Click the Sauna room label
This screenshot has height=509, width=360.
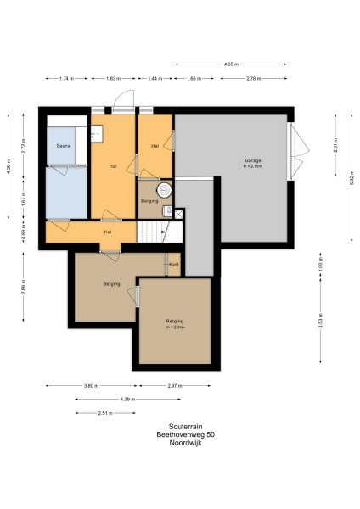63,146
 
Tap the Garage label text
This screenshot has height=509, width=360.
253,161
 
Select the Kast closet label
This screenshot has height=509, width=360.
173,264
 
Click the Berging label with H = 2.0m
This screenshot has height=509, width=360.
175,322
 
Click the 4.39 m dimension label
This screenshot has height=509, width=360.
127,399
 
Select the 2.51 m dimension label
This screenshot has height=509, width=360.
104,413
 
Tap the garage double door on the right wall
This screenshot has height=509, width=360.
293,152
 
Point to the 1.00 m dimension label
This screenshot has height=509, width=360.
320,265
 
